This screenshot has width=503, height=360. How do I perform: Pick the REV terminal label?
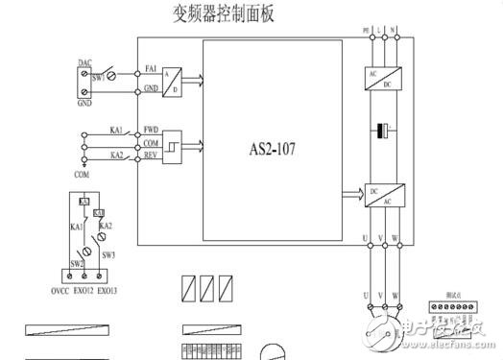pos(152,155)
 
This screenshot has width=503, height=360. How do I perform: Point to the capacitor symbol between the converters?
pos(384,131)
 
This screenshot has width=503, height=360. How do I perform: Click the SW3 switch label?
pos(108,254)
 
